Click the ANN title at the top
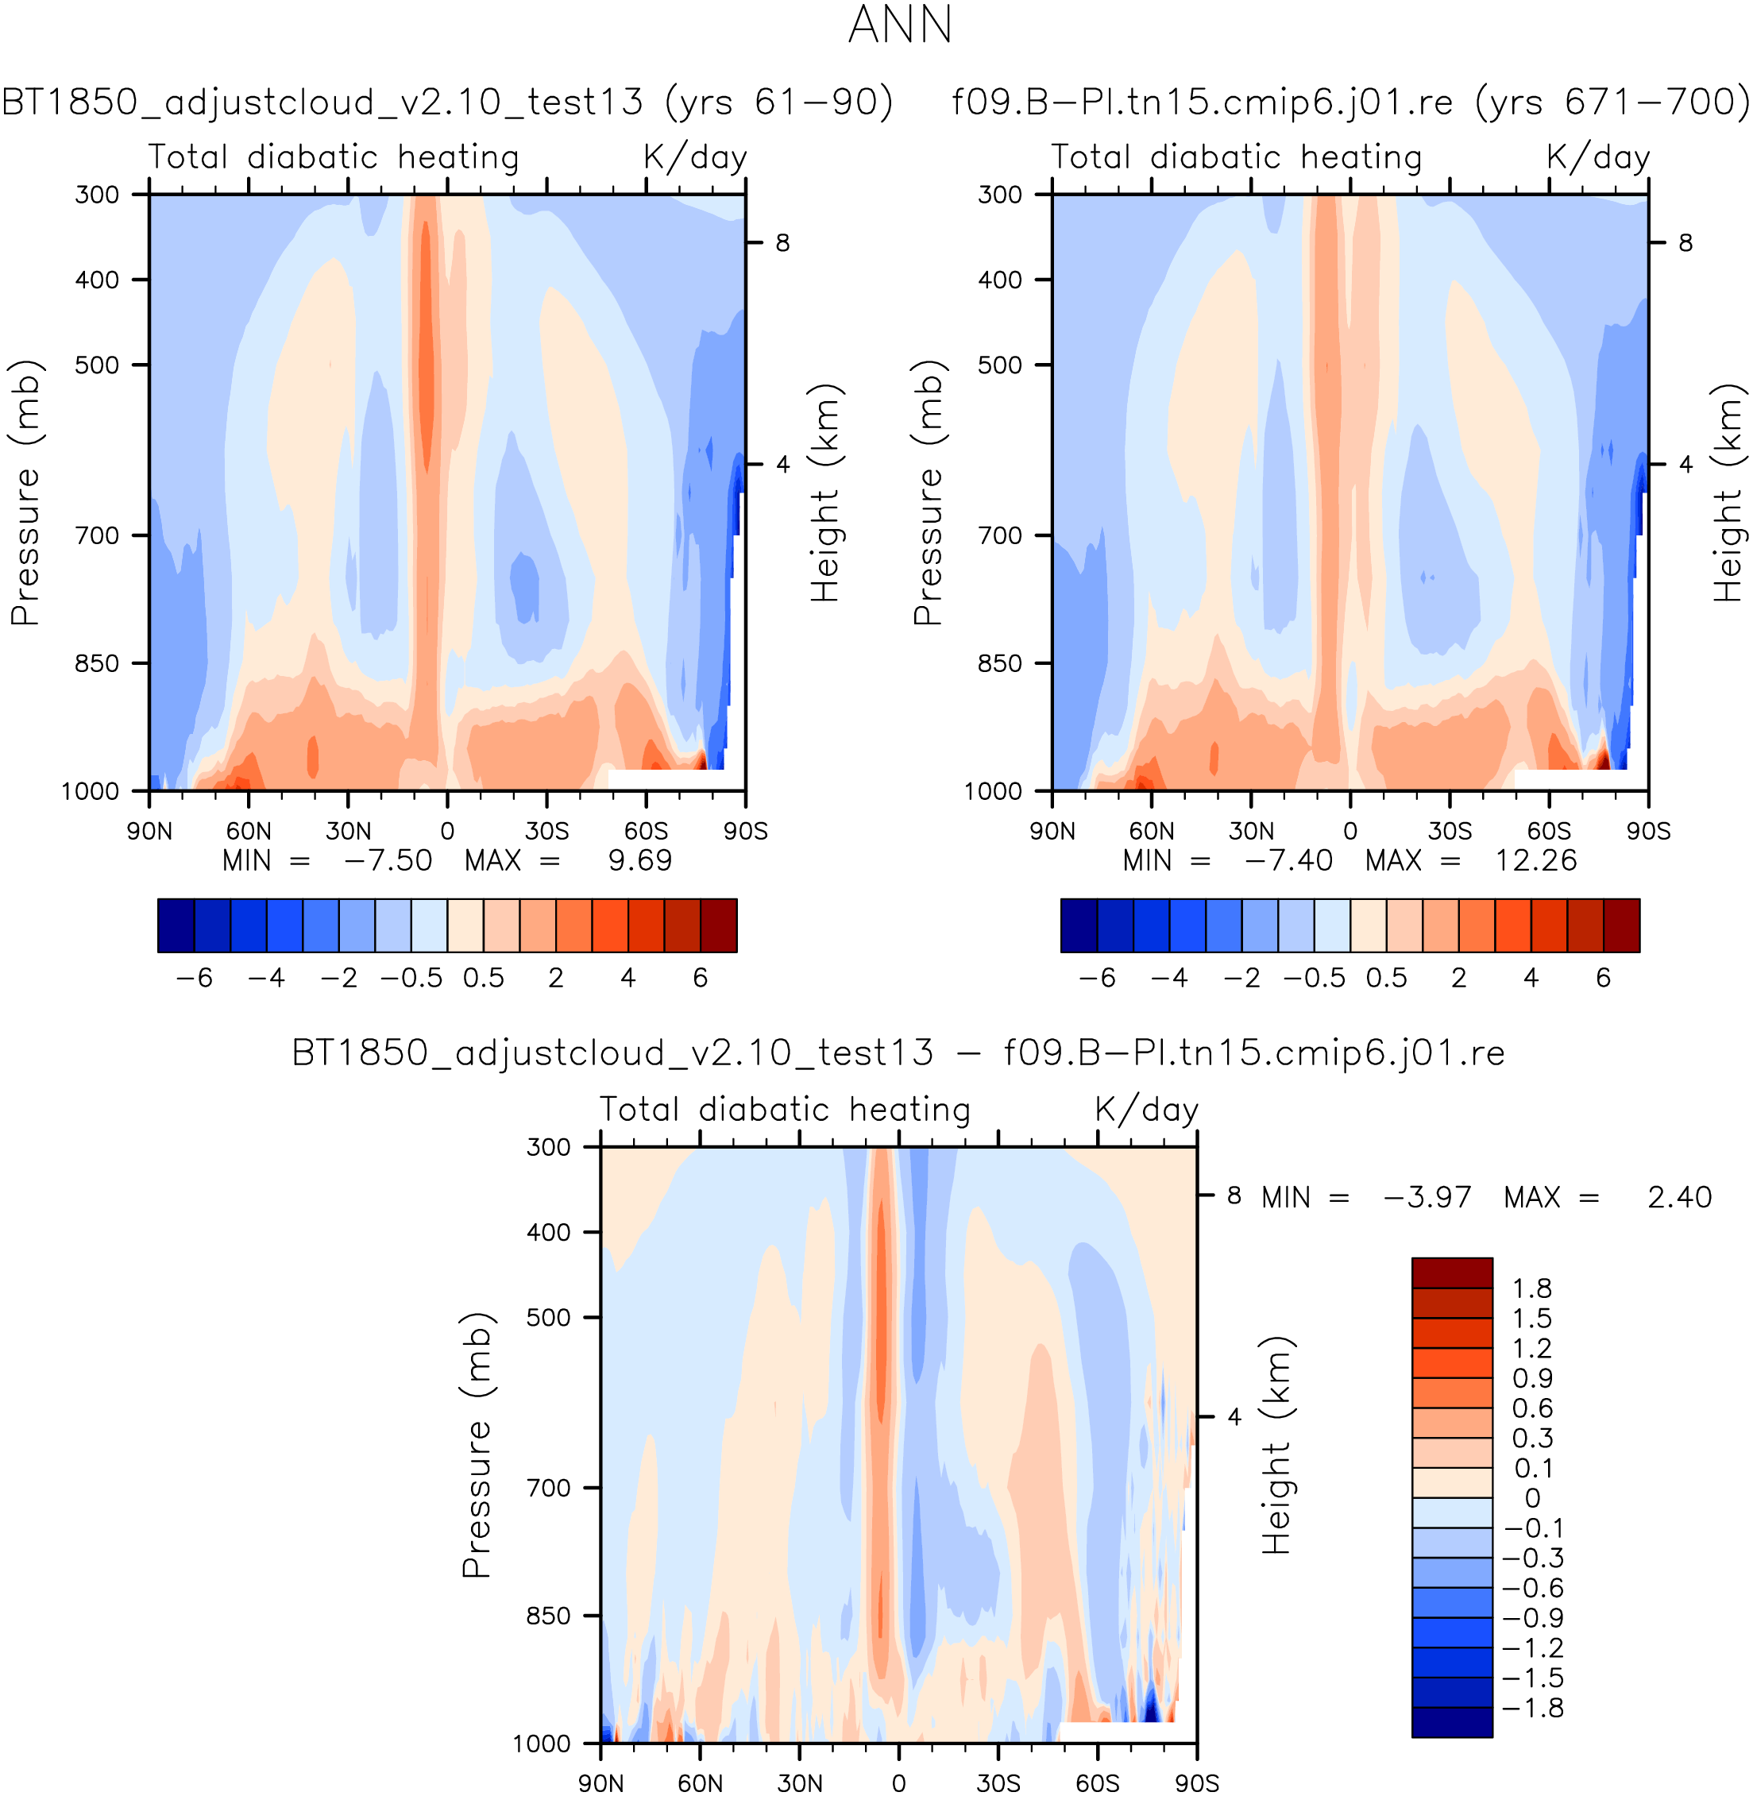coord(899,25)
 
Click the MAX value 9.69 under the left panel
coord(640,861)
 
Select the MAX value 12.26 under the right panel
coord(1535,861)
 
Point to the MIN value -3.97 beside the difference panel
coord(1427,1198)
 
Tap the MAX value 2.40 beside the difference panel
coord(1679,1198)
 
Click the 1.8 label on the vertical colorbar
coord(1532,1288)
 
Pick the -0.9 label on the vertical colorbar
coord(1532,1618)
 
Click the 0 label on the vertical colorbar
coord(1532,1499)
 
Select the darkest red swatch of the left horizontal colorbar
coord(718,925)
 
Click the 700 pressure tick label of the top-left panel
coord(97,535)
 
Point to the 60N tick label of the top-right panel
coord(1152,831)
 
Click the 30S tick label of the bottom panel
coord(998,1783)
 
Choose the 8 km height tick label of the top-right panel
coord(1685,243)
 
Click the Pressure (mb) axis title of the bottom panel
coord(477,1444)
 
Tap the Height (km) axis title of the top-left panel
coord(826,492)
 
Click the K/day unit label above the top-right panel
coord(1597,157)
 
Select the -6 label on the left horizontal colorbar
coord(195,978)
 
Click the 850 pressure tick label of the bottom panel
coord(548,1616)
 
